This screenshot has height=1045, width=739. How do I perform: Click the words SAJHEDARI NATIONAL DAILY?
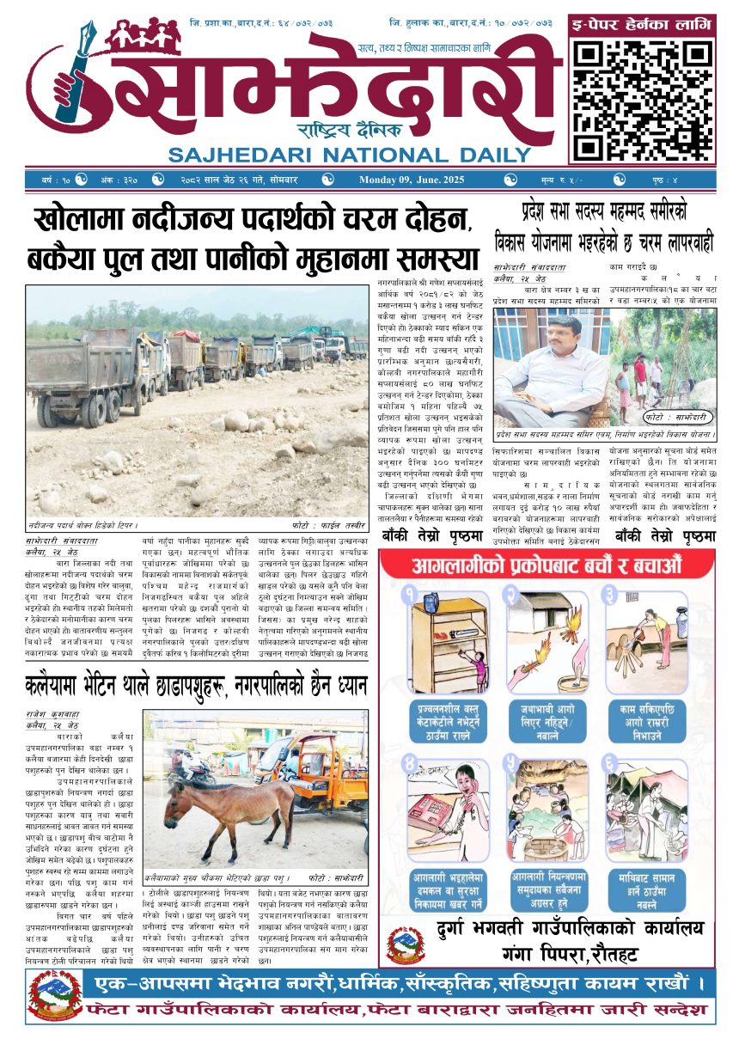[x=350, y=156]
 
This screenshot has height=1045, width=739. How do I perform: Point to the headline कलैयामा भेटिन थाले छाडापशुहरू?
[x=198, y=686]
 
